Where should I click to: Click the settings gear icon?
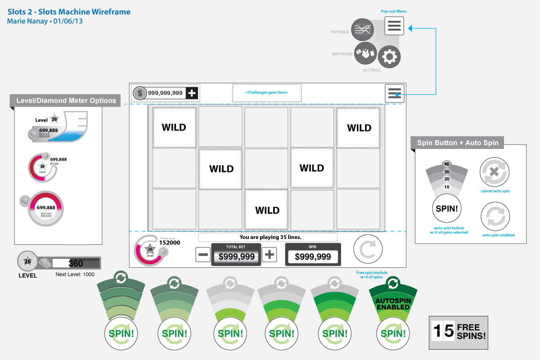coord(388,57)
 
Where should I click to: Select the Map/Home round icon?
coord(365,53)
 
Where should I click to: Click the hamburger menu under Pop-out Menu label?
coord(394,26)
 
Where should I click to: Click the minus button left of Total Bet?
coord(203,255)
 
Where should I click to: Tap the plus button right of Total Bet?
coord(269,255)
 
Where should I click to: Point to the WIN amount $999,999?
coord(313,256)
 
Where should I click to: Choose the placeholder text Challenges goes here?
coord(267,93)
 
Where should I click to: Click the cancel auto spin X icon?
coord(495,172)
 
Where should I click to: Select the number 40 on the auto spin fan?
coord(447,164)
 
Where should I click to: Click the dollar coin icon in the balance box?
coord(140,93)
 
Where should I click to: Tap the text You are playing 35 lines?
coord(267,237)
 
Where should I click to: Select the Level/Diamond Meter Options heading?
coord(66,101)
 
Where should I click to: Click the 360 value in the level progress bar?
coord(76,264)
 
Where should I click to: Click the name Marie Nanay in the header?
coord(26,21)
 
